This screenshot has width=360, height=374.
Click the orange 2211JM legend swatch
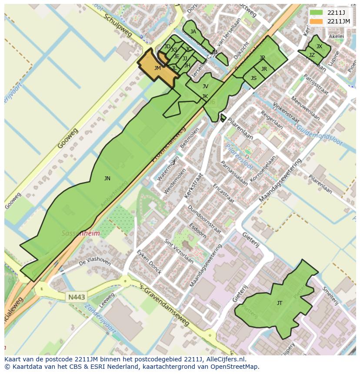point(316,21)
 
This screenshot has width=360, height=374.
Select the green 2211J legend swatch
point(316,13)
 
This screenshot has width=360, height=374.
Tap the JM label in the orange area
point(157,68)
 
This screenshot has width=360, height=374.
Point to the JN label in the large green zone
point(107,178)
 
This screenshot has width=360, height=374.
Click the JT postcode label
point(280,303)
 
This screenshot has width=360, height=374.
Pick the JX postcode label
point(319,46)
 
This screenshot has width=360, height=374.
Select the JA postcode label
point(193,32)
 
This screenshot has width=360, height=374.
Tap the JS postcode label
point(253,78)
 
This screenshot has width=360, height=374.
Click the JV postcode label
point(205,86)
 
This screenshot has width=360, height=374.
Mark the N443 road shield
point(77,297)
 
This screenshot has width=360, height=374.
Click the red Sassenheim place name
point(80,233)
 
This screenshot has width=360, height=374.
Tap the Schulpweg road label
point(118,24)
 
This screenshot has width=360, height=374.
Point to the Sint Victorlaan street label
point(178,251)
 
